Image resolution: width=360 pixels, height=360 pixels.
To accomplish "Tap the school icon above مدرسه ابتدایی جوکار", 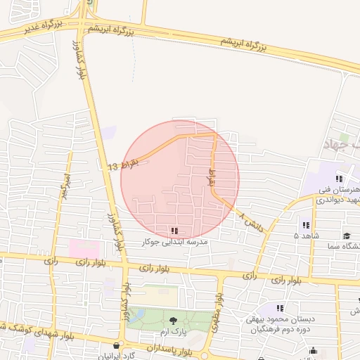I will [174, 231].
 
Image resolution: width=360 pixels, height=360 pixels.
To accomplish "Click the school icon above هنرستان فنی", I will [340, 179].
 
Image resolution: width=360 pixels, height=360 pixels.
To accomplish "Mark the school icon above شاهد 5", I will [306, 226].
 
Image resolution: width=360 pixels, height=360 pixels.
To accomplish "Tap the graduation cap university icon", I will [347, 236].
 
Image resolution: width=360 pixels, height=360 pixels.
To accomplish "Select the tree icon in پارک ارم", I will [174, 321].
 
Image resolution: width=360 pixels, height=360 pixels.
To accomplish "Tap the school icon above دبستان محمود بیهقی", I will [280, 308].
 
